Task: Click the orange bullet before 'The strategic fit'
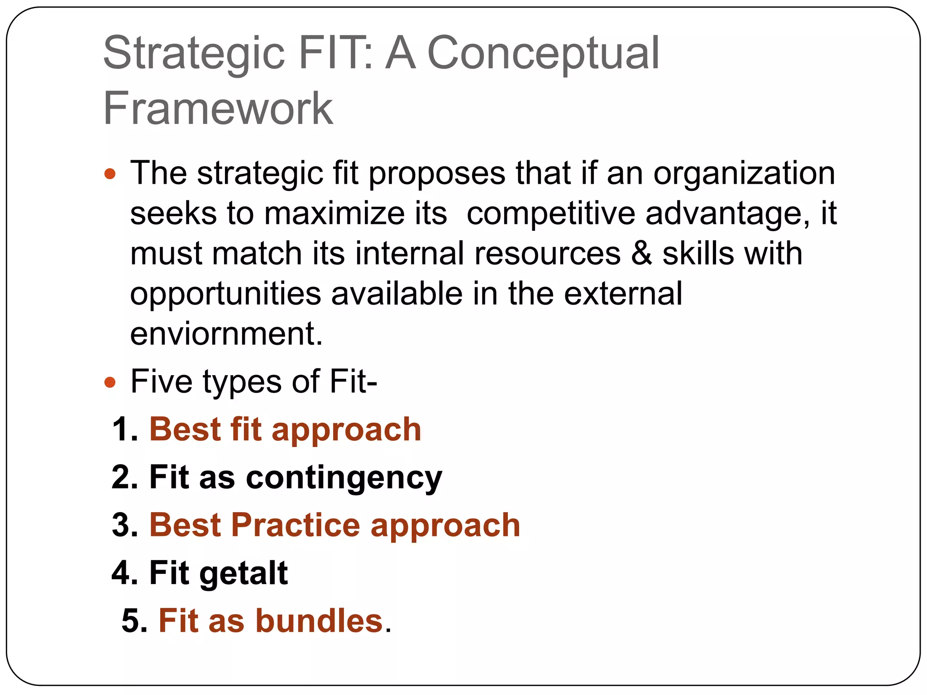110,174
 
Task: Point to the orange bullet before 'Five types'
110,383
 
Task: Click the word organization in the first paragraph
744,174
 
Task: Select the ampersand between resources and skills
641,253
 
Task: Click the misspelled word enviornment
226,334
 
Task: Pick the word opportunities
225,294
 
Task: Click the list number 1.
124,430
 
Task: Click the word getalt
244,574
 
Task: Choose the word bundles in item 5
320,621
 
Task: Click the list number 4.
124,574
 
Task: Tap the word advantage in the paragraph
727,214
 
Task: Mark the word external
623,294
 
